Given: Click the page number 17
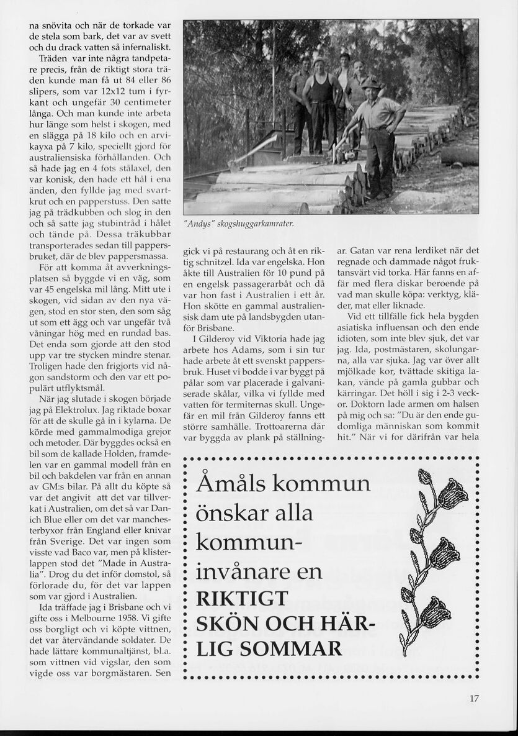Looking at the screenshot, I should (x=474, y=698).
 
